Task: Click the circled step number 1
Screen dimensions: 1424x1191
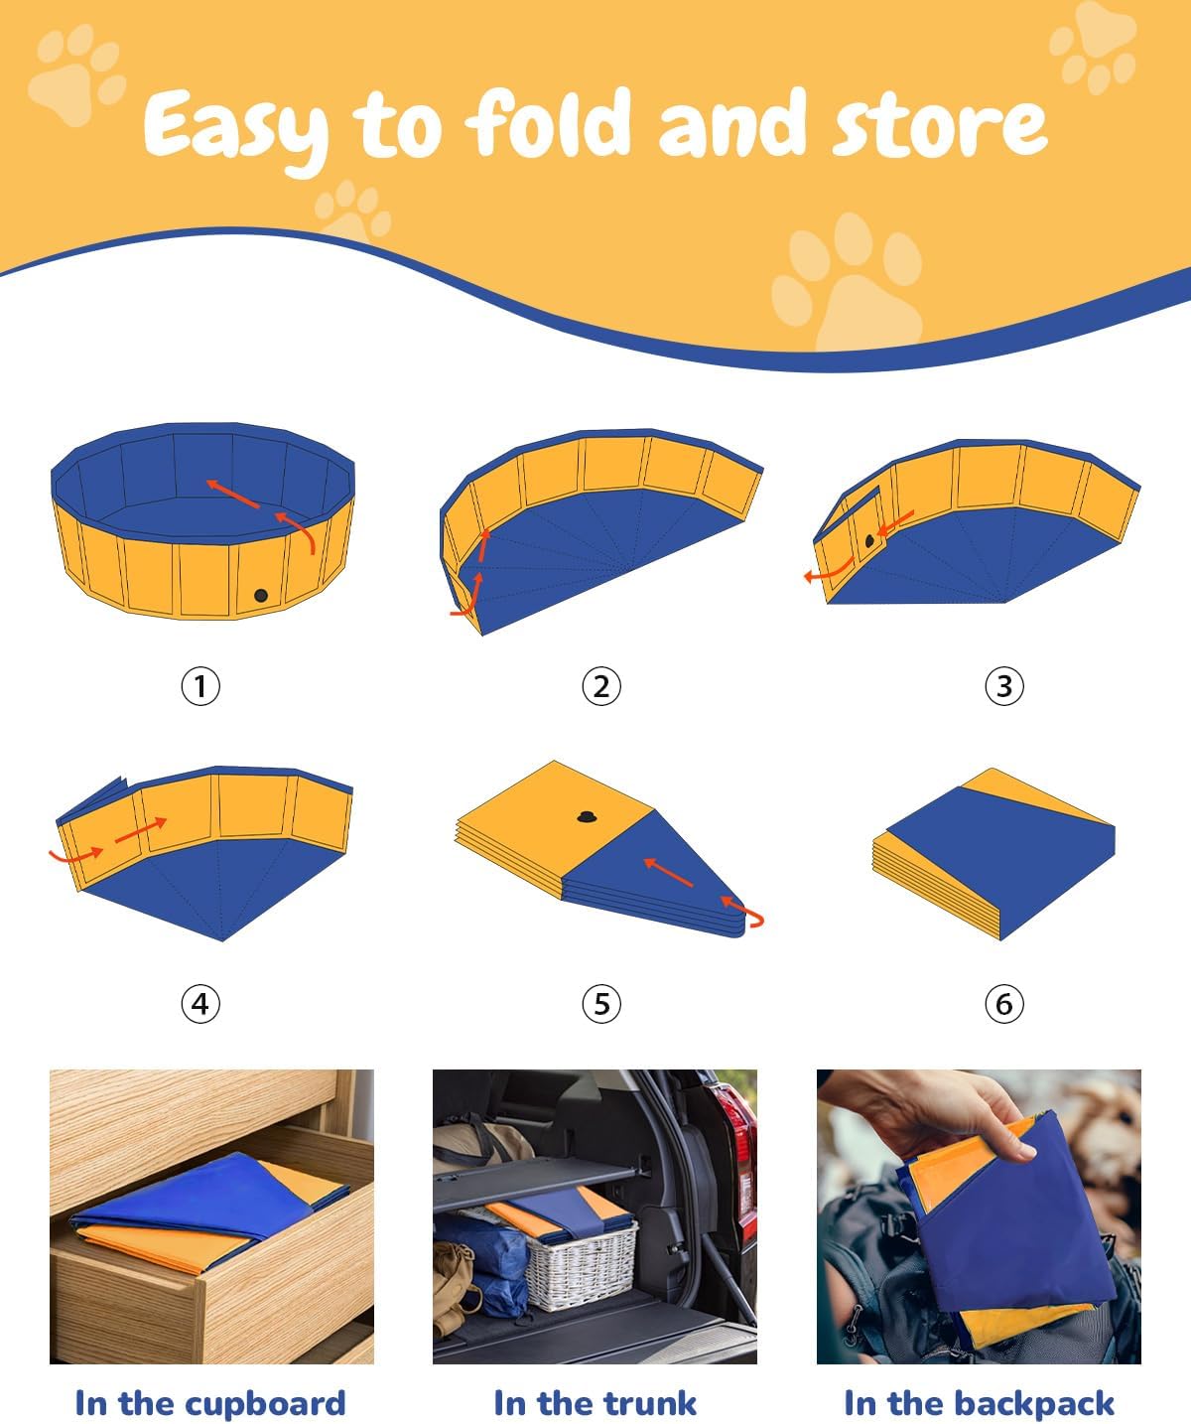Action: (x=200, y=686)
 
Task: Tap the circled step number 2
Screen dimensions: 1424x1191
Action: (x=601, y=686)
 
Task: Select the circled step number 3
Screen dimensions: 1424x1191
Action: (x=1003, y=686)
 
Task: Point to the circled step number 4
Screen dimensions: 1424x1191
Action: (x=200, y=1004)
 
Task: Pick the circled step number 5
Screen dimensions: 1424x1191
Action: (x=601, y=1004)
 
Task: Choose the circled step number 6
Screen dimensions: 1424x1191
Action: (x=1003, y=1004)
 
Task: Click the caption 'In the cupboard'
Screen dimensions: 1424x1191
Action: (x=210, y=1403)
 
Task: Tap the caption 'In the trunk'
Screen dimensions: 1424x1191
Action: (x=595, y=1403)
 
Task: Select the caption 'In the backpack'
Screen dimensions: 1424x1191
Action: (x=979, y=1403)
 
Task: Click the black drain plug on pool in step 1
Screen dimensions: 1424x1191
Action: (x=261, y=596)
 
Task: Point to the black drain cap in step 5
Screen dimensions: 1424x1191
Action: (x=586, y=817)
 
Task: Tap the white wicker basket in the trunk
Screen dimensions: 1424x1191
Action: (x=581, y=1266)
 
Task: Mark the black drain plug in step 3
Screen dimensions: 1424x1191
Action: (x=869, y=541)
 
